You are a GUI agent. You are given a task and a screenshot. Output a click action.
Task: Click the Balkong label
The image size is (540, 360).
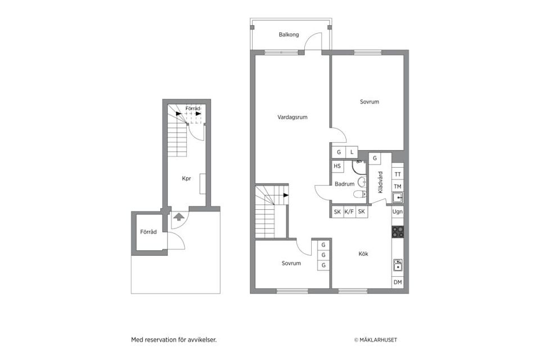[x=289, y=35]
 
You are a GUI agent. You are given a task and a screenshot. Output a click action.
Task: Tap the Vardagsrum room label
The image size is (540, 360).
[x=292, y=118]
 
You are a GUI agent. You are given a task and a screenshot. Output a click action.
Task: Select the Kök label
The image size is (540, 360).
[x=363, y=254]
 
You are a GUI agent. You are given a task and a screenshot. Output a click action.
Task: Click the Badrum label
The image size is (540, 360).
[x=344, y=184]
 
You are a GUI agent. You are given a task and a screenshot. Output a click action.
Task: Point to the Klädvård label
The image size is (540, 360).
[x=380, y=182]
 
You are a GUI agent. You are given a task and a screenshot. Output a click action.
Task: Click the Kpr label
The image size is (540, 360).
[x=186, y=179]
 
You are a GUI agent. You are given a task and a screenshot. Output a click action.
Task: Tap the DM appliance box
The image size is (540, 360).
[x=398, y=282]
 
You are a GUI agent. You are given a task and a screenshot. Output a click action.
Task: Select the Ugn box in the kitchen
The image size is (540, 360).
[x=398, y=212]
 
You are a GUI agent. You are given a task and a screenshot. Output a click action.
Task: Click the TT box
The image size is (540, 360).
[x=398, y=174]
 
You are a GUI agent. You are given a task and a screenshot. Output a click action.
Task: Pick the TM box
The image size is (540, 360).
[x=398, y=186]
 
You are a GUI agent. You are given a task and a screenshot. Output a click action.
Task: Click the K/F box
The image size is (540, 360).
[x=349, y=212]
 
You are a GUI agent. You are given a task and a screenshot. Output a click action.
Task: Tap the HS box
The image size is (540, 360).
[x=337, y=166]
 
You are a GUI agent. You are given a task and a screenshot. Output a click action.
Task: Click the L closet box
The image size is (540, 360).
[x=352, y=152]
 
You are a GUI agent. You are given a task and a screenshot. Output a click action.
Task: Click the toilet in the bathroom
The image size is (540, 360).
[x=358, y=194]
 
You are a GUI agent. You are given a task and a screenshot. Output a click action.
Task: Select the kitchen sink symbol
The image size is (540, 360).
[x=398, y=264]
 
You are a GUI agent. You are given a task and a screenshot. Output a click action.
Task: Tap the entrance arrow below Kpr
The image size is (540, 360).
[x=178, y=217]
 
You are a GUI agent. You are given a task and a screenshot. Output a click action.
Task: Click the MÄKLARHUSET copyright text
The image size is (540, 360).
[x=375, y=340]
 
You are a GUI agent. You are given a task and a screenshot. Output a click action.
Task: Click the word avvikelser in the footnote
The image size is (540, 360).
[x=201, y=340]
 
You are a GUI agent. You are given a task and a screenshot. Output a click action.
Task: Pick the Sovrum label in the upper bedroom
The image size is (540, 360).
[x=370, y=102]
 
